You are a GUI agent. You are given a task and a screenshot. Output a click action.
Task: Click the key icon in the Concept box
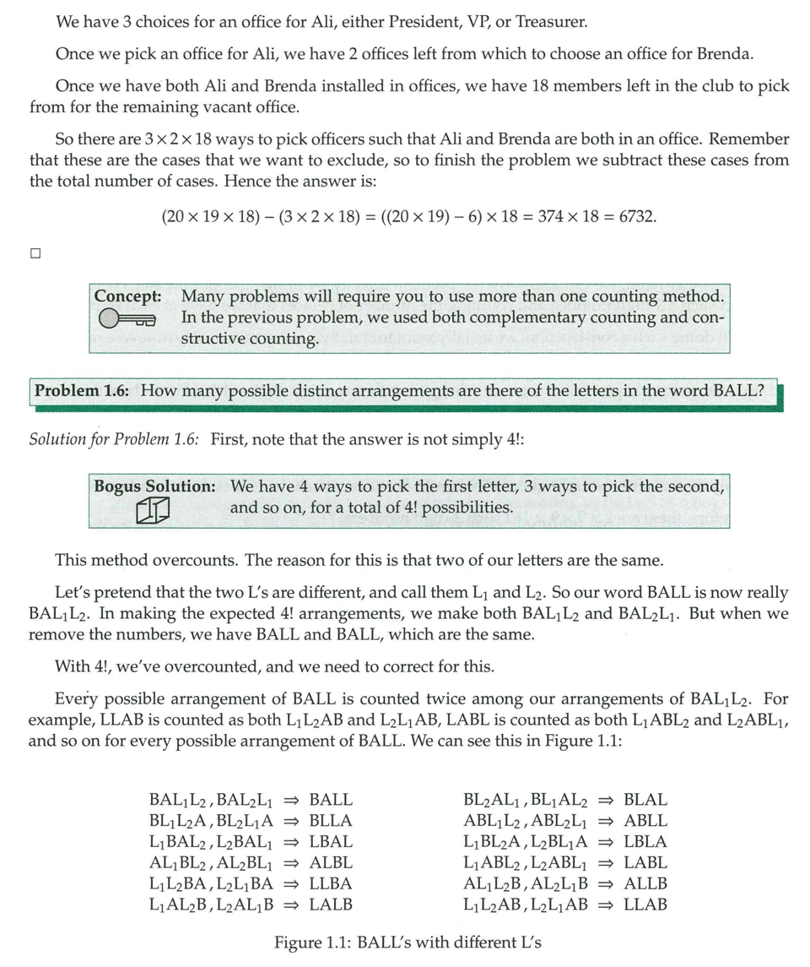(127, 319)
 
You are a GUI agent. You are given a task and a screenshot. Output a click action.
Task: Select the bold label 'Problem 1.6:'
(84, 391)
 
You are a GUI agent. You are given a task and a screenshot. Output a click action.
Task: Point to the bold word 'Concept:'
(127, 296)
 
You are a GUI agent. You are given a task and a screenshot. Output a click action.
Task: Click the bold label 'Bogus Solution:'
(154, 486)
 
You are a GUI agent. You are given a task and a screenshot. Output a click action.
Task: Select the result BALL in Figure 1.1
(331, 799)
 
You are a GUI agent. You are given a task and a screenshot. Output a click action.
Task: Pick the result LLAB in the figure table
(645, 905)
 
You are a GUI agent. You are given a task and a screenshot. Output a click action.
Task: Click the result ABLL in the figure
(645, 820)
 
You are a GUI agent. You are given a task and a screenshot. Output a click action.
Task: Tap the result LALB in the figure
(331, 905)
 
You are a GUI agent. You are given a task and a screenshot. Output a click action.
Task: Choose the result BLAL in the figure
(645, 799)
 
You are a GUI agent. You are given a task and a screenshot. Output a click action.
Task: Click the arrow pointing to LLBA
(292, 883)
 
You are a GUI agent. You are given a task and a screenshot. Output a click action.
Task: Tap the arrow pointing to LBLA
(606, 841)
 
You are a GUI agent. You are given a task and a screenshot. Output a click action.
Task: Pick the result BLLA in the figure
(331, 820)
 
